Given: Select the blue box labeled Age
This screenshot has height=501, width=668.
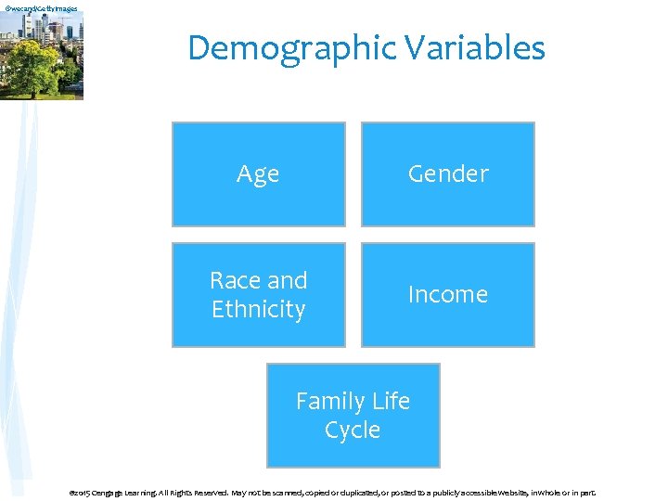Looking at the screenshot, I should click(258, 173).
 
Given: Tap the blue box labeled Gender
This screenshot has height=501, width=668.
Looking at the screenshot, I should click(447, 173).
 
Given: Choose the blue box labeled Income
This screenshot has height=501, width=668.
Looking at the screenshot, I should click(447, 294).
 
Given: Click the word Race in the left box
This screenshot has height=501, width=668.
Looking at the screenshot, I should click(233, 280).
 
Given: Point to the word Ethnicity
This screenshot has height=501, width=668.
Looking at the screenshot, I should click(258, 309).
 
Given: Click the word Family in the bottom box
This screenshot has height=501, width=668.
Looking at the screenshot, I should click(329, 401).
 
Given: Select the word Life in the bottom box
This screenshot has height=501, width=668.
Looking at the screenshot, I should click(390, 401).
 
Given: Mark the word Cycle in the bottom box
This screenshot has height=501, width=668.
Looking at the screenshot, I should click(353, 430).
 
